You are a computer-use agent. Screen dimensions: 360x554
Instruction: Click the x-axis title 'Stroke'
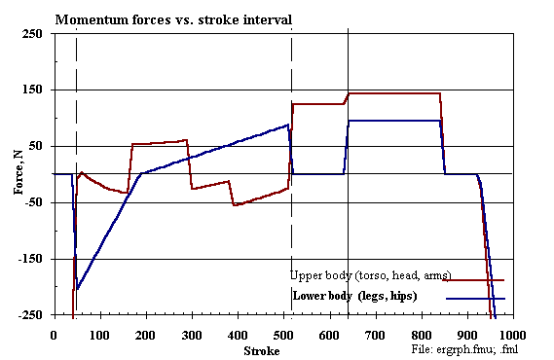(261, 350)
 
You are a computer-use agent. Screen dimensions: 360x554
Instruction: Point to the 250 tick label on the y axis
(33, 34)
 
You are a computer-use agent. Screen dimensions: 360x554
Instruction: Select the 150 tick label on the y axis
(33, 90)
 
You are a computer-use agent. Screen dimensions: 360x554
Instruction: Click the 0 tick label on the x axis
(54, 334)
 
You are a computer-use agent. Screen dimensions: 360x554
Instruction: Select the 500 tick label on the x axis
(284, 334)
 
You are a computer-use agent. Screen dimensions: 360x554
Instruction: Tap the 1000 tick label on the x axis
(513, 334)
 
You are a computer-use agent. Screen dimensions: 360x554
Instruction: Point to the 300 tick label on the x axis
(192, 334)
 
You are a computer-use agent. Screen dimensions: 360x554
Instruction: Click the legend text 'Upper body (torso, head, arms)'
(364, 273)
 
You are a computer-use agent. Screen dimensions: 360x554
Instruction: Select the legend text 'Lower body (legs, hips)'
(354, 295)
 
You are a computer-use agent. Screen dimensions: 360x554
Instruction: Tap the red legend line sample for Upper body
(473, 280)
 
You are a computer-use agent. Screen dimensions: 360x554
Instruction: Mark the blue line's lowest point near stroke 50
(77, 290)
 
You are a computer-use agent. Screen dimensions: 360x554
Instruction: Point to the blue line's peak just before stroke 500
(288, 125)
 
